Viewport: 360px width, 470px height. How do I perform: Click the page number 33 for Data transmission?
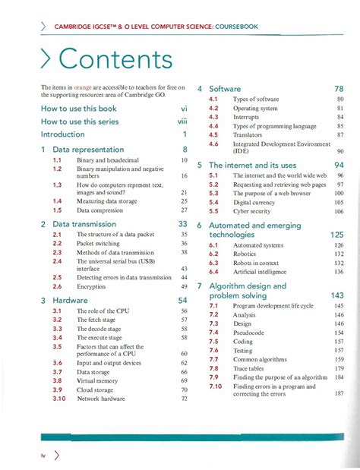tap(182, 224)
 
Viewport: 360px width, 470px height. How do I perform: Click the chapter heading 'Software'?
tap(225, 89)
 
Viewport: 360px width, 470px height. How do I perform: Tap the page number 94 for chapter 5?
tap(339, 165)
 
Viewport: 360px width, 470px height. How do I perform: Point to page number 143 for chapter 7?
tap(337, 295)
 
